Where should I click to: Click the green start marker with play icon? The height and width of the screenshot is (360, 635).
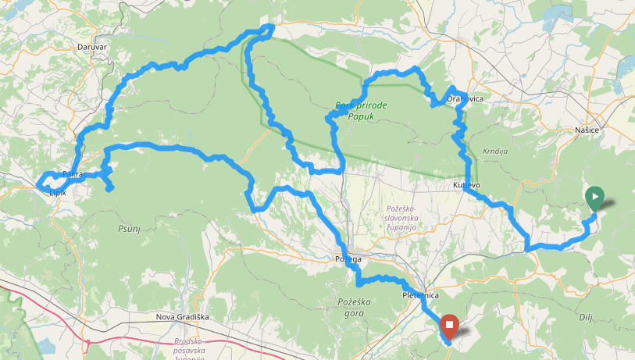[594, 198]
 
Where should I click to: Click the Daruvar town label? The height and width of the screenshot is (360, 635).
[91, 47]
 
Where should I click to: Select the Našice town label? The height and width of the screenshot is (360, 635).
[586, 130]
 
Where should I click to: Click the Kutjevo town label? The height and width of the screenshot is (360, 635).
[466, 185]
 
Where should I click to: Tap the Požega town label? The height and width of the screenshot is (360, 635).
[349, 258]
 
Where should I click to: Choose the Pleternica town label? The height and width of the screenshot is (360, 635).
[422, 296]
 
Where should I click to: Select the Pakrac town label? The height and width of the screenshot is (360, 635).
[74, 174]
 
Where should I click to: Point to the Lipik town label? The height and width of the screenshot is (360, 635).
[58, 191]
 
